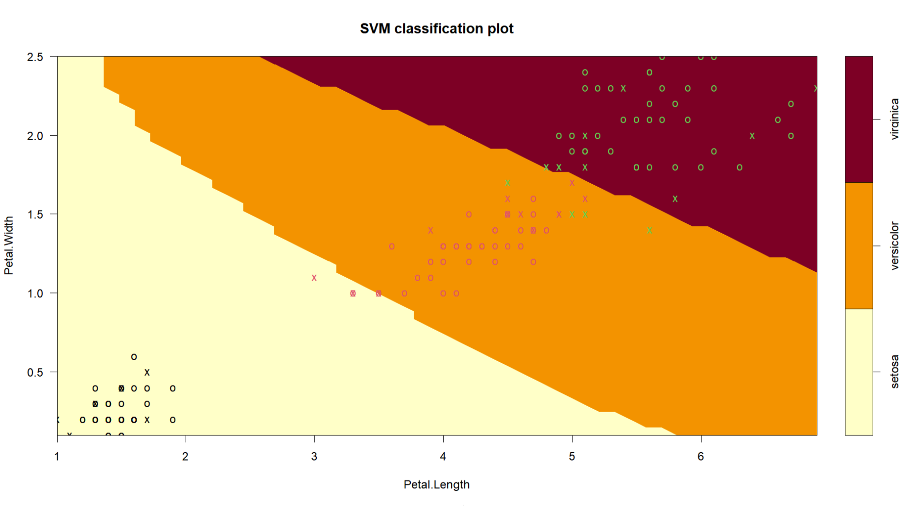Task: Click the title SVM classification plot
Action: pyautogui.click(x=436, y=29)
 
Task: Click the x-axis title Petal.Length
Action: pyautogui.click(x=436, y=485)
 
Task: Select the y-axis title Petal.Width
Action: pyautogui.click(x=9, y=246)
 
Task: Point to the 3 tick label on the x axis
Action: pyautogui.click(x=314, y=457)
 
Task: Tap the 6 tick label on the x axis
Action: pyautogui.click(x=700, y=457)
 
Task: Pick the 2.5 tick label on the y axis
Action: pyautogui.click(x=35, y=57)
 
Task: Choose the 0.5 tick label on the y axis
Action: pyautogui.click(x=35, y=372)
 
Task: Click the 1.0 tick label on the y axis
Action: pyautogui.click(x=35, y=293)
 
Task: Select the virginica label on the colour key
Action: pyautogui.click(x=895, y=119)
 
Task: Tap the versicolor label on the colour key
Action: pyautogui.click(x=895, y=245)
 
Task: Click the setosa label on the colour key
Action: pyautogui.click(x=895, y=372)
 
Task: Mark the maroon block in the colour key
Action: pyautogui.click(x=859, y=119)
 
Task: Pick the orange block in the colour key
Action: pyautogui.click(x=859, y=245)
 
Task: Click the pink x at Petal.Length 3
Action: pyautogui.click(x=314, y=278)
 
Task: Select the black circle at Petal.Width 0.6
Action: pyautogui.click(x=134, y=357)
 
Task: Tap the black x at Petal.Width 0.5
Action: pyautogui.click(x=147, y=372)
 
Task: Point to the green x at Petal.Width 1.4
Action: pyautogui.click(x=649, y=230)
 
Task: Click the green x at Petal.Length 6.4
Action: pyautogui.click(x=752, y=136)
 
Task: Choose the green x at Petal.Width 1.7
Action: pyautogui.click(x=508, y=183)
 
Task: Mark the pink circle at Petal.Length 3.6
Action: pyautogui.click(x=392, y=246)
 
